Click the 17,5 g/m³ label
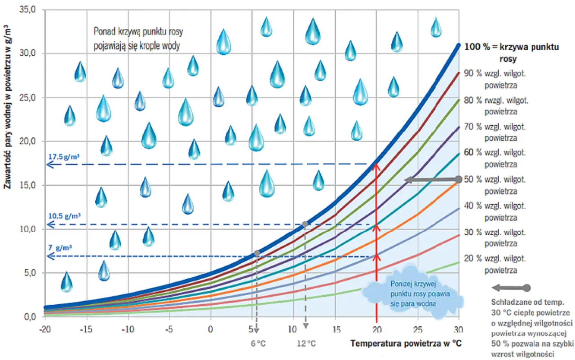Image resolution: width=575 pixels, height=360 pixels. [64, 157]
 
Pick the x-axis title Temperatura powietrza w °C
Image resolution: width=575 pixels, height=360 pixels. [406, 344]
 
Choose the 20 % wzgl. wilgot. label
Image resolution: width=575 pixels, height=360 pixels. [495, 264]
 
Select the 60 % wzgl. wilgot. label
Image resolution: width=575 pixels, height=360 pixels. [495, 158]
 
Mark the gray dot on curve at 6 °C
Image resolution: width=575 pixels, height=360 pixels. [257, 254]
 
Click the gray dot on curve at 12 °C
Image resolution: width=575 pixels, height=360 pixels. [305, 224]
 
